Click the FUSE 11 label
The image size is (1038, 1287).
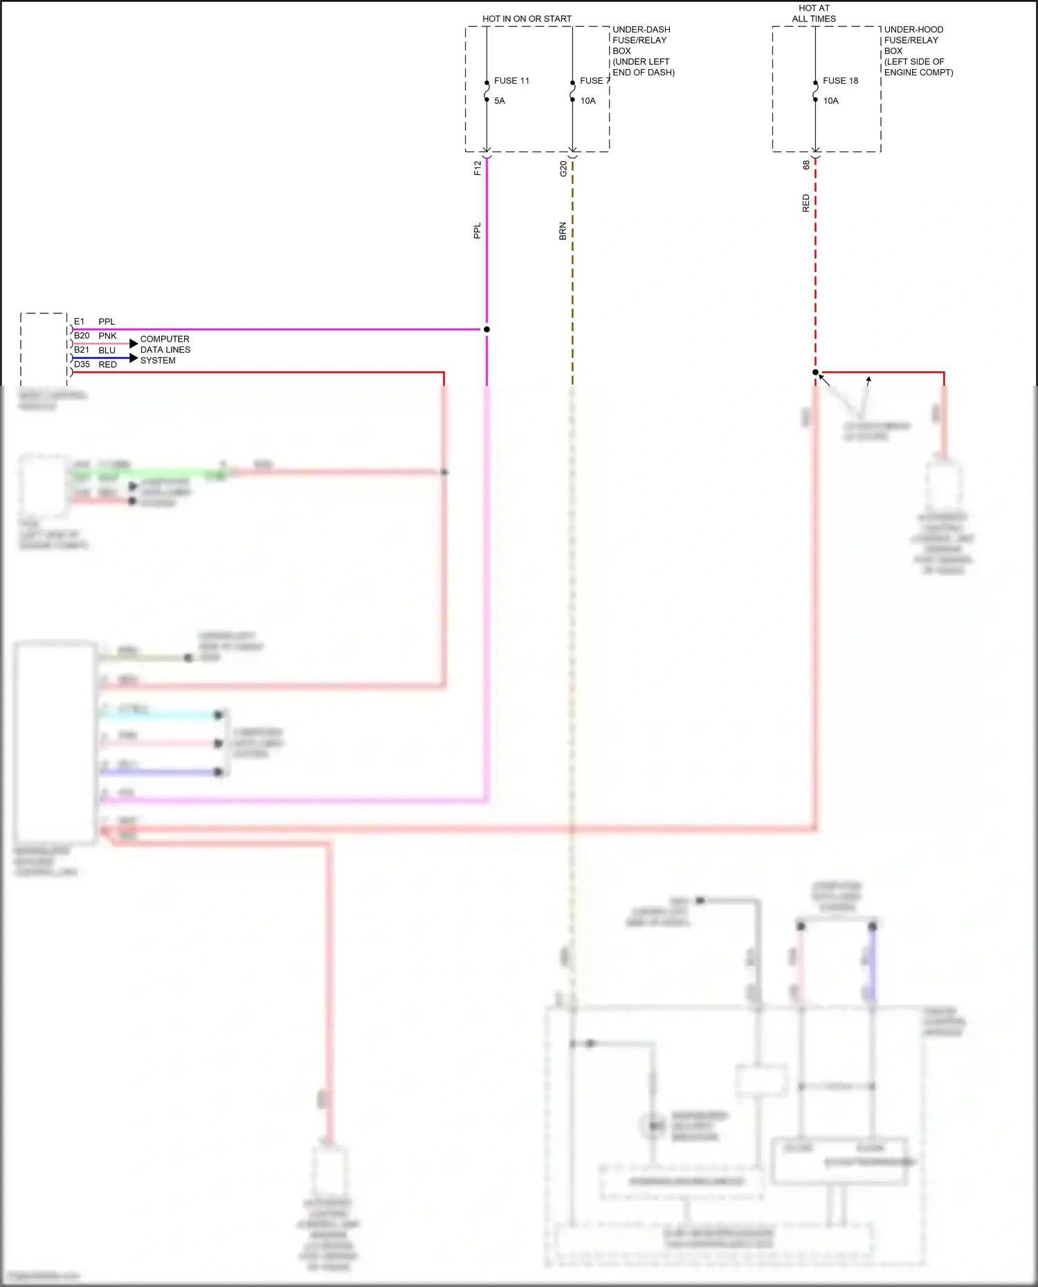(x=511, y=81)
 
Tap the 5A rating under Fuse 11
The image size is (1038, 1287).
(x=500, y=101)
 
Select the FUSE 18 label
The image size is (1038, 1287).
(x=840, y=81)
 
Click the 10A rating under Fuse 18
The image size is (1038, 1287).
(x=830, y=101)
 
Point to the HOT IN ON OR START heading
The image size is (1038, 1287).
(x=527, y=19)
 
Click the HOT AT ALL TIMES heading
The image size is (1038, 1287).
(x=814, y=14)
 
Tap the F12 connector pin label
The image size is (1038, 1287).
(x=477, y=168)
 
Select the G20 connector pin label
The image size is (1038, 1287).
(x=563, y=169)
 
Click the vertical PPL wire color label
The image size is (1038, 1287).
(x=477, y=231)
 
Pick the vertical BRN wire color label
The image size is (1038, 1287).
(x=563, y=231)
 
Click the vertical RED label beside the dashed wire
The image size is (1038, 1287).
(x=805, y=203)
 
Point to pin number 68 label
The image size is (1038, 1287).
(x=806, y=165)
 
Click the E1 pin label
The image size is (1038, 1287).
(x=80, y=322)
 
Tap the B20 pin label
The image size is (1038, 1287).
(x=82, y=336)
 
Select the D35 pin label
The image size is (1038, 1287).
(x=82, y=364)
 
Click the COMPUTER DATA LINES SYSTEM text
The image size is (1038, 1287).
(x=165, y=350)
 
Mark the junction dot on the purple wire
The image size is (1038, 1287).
(x=486, y=329)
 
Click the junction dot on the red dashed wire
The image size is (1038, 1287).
(x=815, y=372)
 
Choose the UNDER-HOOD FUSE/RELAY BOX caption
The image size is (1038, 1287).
(x=918, y=50)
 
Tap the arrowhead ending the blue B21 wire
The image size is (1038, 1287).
(x=134, y=358)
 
